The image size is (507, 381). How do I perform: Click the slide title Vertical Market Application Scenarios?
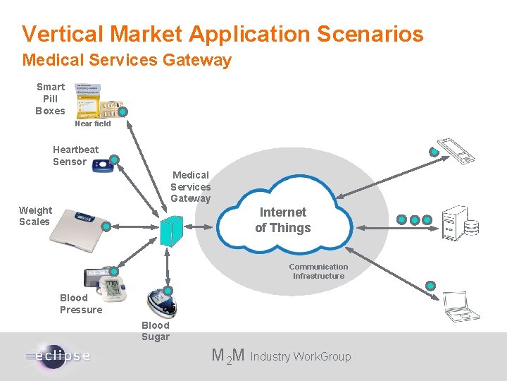pyautogui.click(x=223, y=33)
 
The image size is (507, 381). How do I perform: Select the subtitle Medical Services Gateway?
pyautogui.click(x=127, y=61)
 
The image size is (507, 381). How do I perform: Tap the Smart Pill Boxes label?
pyautogui.click(x=50, y=99)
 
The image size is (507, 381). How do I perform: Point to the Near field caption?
pyautogui.click(x=92, y=123)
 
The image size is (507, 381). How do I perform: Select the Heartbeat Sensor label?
pyautogui.click(x=75, y=155)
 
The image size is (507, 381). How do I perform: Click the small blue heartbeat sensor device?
pyautogui.click(x=103, y=166)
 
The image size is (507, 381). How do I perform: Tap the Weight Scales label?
pyautogui.click(x=35, y=216)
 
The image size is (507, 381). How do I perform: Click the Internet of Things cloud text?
pyautogui.click(x=282, y=219)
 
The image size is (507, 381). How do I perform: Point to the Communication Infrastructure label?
pyautogui.click(x=318, y=271)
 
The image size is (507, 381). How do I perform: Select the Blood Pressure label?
pyautogui.click(x=80, y=303)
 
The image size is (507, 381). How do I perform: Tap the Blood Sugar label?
pyautogui.click(x=155, y=331)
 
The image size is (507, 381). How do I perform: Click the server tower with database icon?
pyautogui.click(x=459, y=220)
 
